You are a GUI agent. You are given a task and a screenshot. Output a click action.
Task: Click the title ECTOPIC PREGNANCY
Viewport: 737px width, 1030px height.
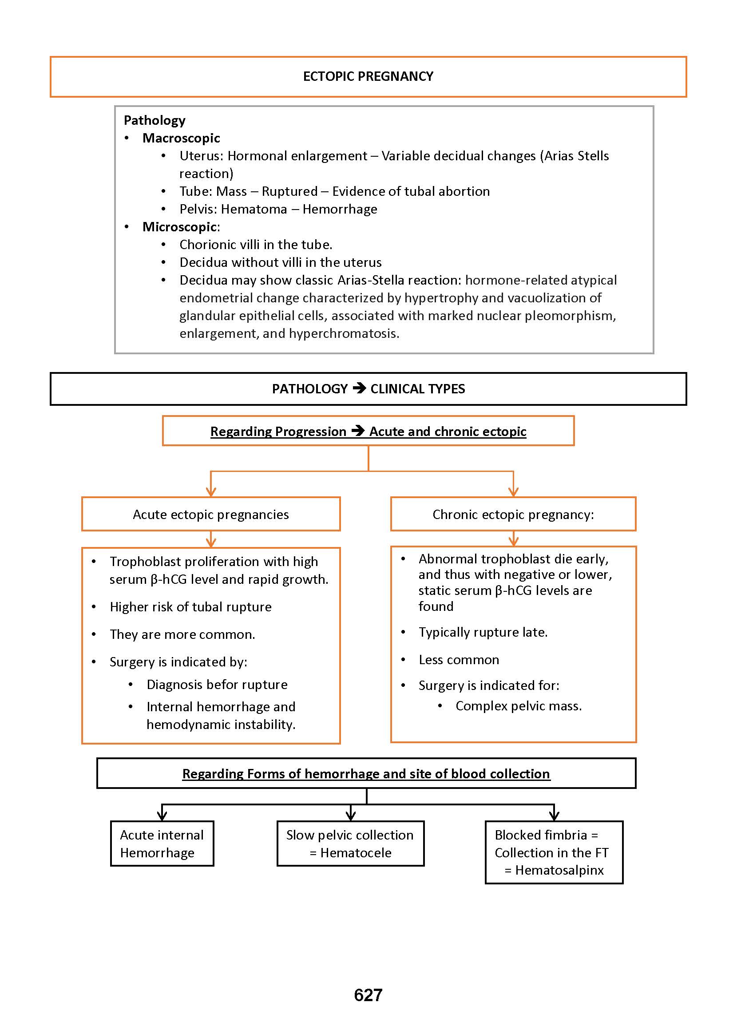(x=368, y=76)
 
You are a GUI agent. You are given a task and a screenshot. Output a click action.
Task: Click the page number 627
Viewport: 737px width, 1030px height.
(x=368, y=995)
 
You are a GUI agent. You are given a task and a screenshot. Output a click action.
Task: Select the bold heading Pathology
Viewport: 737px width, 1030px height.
(x=155, y=120)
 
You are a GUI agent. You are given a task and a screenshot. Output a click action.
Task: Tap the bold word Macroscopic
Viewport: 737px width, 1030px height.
(x=181, y=138)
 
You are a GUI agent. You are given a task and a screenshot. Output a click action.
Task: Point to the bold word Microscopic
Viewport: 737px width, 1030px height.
(x=180, y=227)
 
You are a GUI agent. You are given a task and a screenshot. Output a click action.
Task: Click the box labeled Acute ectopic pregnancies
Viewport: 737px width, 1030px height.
(x=210, y=514)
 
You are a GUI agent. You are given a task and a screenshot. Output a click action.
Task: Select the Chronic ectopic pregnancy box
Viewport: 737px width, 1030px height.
(x=513, y=514)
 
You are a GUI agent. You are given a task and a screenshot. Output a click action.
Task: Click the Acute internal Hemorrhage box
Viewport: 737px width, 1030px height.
(x=162, y=844)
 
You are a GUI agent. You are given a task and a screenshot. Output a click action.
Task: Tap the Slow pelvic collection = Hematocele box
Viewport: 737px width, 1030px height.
(x=350, y=844)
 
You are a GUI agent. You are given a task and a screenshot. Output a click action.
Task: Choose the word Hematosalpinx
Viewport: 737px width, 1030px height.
(x=559, y=870)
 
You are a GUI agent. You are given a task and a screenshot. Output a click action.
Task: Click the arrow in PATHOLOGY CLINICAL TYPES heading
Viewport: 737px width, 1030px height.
(x=359, y=388)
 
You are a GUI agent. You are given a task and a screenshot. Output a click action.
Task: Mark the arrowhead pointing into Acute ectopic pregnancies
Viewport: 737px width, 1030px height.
(x=210, y=492)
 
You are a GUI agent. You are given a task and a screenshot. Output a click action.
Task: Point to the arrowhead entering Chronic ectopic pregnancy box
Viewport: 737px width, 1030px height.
(x=513, y=492)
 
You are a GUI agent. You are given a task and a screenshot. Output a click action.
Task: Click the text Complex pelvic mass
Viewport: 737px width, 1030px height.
(x=518, y=706)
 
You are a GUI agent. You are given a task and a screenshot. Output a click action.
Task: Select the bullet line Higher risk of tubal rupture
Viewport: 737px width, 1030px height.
(x=190, y=607)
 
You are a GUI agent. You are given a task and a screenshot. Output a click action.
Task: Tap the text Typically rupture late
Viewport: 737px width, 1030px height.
(x=483, y=632)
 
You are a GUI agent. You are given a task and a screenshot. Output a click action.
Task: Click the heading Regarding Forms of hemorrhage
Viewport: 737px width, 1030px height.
(x=366, y=774)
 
